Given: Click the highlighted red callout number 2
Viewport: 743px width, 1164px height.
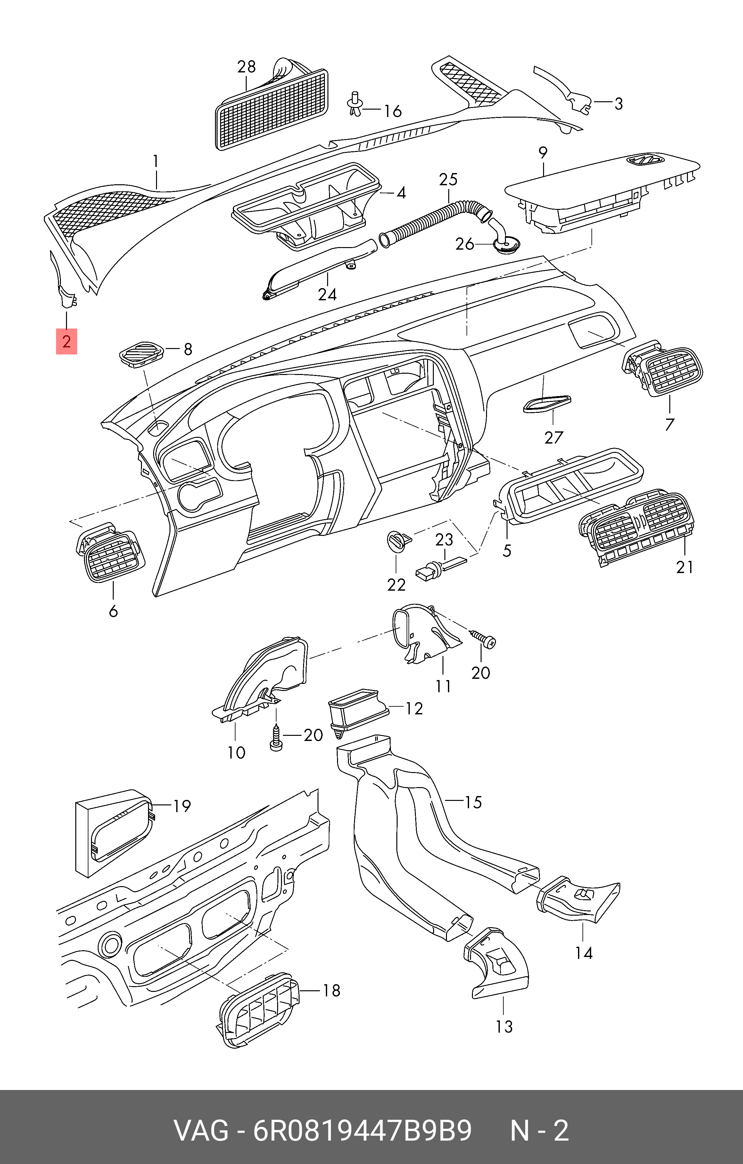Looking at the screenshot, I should pos(67,341).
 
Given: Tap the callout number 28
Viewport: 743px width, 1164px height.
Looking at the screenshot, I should pos(246,66).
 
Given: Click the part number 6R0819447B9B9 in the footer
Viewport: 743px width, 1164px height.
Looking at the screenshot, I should pos(363,1130).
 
